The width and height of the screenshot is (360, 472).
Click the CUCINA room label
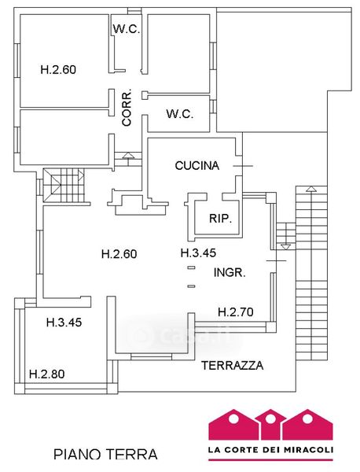click(197, 165)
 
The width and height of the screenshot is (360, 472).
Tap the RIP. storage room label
click(220, 218)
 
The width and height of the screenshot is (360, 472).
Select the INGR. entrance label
click(230, 272)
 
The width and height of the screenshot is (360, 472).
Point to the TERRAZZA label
click(232, 365)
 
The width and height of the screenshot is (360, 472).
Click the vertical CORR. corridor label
click(127, 107)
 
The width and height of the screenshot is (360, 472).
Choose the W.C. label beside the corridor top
click(127, 29)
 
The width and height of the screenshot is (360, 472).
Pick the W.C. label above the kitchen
click(180, 114)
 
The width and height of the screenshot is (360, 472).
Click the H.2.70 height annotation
click(236, 312)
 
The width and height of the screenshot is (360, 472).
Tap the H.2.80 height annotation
click(47, 374)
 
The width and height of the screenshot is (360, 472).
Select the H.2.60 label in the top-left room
click(58, 69)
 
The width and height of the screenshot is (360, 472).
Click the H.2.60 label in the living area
click(119, 254)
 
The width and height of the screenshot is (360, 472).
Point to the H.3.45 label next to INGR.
click(198, 253)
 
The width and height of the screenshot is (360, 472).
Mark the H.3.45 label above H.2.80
click(64, 323)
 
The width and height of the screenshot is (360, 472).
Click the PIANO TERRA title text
click(105, 454)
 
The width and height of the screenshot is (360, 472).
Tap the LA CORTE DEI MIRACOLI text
click(270, 450)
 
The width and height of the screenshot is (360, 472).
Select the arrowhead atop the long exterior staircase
click(311, 189)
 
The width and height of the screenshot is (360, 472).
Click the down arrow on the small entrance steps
click(285, 247)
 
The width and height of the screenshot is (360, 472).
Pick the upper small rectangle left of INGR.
click(191, 267)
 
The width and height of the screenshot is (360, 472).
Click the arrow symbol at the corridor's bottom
click(128, 155)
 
